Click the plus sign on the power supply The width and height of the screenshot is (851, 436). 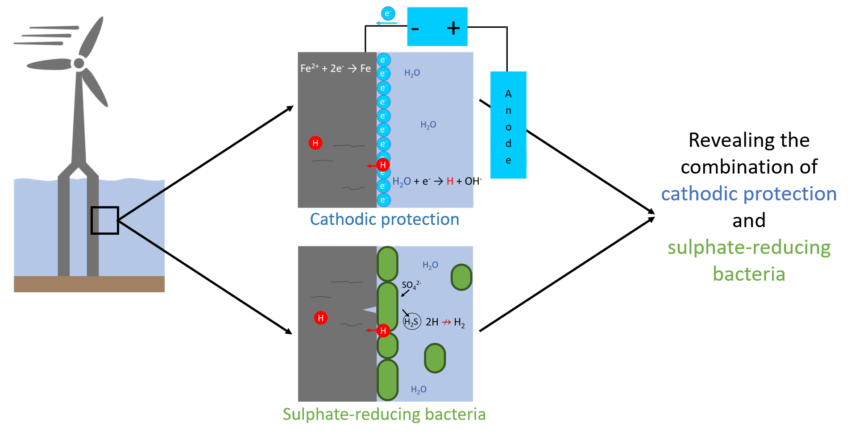453,28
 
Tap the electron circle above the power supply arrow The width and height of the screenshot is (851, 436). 388,14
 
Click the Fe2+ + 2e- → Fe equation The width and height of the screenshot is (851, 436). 336,68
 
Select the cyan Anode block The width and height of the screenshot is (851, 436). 508,125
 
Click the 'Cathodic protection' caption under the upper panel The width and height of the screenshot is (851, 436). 385,219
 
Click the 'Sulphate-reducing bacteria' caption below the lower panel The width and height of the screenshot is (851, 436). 384,414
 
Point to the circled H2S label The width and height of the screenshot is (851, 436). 411,321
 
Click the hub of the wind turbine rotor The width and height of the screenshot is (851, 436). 79,63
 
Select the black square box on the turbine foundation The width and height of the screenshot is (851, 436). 105,220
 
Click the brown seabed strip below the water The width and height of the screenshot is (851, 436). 89,284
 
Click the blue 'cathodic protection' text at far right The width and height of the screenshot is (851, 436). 749,194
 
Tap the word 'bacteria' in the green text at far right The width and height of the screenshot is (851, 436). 749,274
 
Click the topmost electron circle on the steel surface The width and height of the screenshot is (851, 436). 383,60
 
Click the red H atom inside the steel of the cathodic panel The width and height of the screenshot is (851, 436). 315,143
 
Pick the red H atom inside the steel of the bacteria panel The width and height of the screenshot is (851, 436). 321,318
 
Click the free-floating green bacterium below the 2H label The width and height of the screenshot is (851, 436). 435,358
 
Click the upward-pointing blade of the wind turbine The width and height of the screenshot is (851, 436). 92,37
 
